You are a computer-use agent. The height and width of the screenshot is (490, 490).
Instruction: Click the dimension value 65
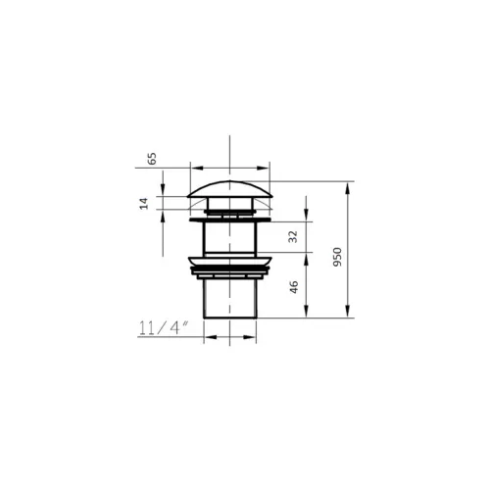pyautogui.click(x=153, y=159)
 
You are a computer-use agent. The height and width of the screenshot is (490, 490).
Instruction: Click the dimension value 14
pyautogui.click(x=144, y=204)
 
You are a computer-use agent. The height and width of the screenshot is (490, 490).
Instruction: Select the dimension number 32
pyautogui.click(x=294, y=236)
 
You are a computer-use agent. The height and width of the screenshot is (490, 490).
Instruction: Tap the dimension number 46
pyautogui.click(x=294, y=287)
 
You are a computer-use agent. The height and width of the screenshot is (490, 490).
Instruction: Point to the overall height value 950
pyautogui.click(x=337, y=257)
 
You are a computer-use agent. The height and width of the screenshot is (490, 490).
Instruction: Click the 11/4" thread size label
pyautogui.click(x=164, y=328)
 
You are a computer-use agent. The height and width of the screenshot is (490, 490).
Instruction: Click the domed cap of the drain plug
pyautogui.click(x=230, y=190)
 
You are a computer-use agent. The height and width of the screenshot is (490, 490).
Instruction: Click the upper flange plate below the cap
pyautogui.click(x=230, y=220)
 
